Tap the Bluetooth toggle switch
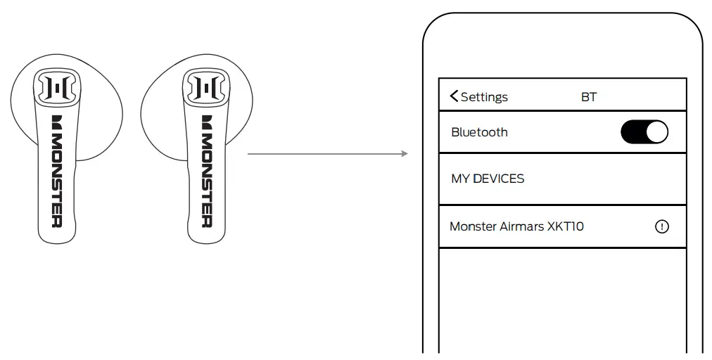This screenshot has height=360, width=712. point(644,132)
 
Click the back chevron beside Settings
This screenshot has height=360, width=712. point(454,96)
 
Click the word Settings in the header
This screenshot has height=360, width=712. point(484,97)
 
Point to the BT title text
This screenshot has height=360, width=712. point(589,97)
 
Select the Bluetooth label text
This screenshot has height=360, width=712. point(479,132)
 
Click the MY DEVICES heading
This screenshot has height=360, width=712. point(488,179)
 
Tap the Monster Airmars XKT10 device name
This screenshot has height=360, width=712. point(516,226)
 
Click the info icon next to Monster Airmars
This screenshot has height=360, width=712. point(661,226)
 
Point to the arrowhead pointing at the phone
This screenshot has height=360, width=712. point(405,153)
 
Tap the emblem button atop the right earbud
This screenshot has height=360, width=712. point(204,87)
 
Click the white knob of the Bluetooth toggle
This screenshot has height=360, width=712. point(656,132)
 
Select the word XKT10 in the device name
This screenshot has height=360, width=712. point(565,226)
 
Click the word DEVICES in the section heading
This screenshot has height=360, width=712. point(498,179)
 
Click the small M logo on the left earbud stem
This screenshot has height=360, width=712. point(57,121)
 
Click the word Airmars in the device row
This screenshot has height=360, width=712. point(521,226)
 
